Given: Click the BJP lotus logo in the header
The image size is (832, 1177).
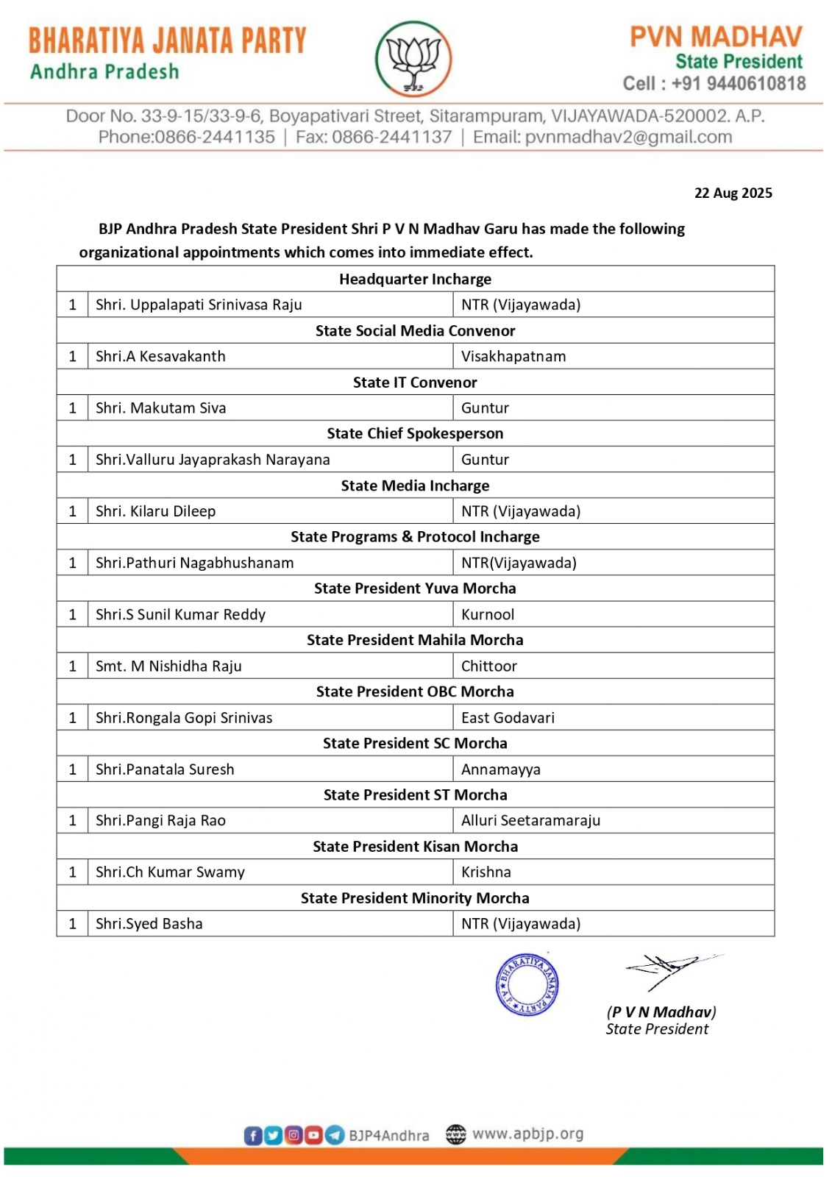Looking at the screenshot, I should click(413, 60).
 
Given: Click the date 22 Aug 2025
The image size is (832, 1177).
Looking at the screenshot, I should click(733, 193).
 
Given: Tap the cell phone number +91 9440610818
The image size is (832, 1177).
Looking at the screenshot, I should click(738, 84).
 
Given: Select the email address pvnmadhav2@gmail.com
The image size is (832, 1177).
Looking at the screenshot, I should click(628, 138).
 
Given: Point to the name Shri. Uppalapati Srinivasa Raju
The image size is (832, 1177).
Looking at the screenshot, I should click(199, 305).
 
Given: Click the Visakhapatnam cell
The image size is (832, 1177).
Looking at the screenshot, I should click(513, 357).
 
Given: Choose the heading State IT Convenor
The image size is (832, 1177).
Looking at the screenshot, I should click(415, 383).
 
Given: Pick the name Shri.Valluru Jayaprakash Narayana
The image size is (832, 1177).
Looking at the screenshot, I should click(213, 460).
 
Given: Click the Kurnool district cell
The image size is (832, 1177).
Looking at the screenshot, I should click(488, 615).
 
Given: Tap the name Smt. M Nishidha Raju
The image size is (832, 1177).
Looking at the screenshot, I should click(168, 666).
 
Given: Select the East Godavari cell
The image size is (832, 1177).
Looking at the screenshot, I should click(508, 718).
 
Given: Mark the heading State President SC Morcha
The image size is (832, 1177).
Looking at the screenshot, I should click(415, 744).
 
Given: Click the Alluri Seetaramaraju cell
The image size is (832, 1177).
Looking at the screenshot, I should click(530, 821).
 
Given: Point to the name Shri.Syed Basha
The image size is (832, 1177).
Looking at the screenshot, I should click(149, 924).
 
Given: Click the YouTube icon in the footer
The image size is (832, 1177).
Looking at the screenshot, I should click(314, 1135).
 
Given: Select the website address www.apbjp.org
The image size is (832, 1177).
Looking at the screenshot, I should click(527, 1134).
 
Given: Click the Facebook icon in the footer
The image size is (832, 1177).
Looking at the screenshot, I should click(252, 1135).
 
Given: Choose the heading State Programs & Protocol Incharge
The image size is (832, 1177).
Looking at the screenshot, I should click(415, 537).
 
